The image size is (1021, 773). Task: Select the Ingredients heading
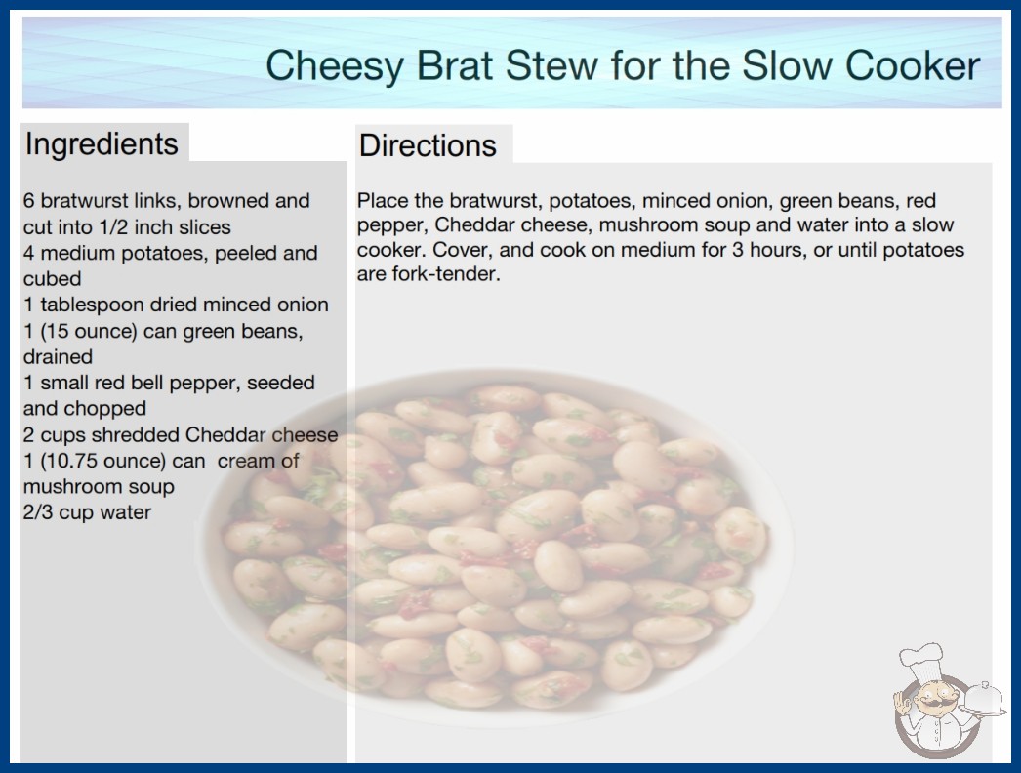click(x=102, y=143)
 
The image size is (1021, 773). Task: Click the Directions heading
click(x=428, y=145)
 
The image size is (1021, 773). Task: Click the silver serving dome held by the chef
click(x=983, y=700)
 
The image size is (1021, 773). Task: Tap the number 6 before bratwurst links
click(x=28, y=201)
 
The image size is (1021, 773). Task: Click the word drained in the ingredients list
click(x=58, y=357)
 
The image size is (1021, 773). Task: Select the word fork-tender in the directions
click(x=445, y=274)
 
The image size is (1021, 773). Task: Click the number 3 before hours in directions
click(x=737, y=250)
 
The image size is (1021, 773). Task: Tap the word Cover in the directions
click(x=460, y=250)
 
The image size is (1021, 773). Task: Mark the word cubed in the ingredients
click(x=52, y=279)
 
